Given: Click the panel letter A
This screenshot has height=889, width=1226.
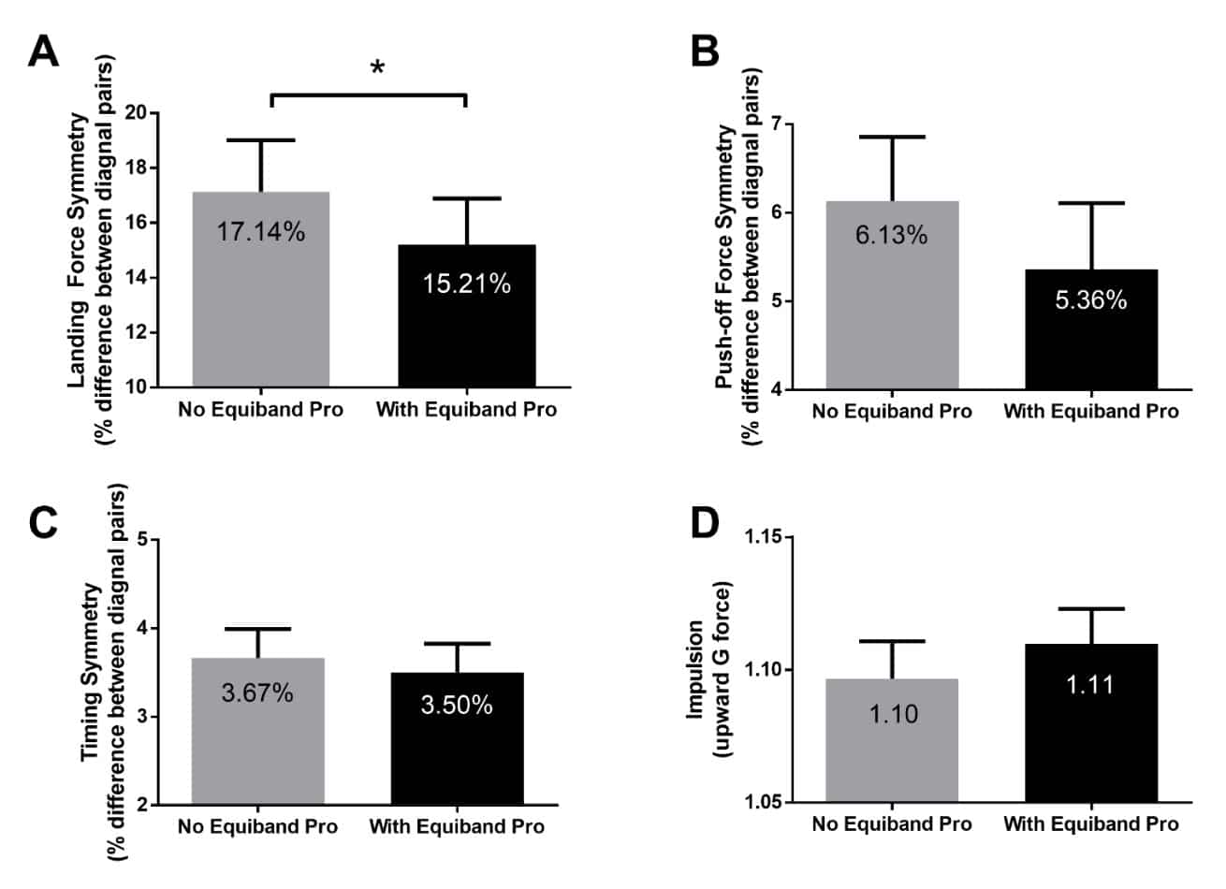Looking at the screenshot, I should (x=43, y=51).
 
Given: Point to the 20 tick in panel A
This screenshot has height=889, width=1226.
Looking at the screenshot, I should (x=137, y=113).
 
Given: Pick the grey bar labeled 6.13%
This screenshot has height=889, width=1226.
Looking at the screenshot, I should (x=891, y=294).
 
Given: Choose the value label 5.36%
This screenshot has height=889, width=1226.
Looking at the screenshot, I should (x=1090, y=300).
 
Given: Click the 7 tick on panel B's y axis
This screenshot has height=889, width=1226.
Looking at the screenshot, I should (x=775, y=124).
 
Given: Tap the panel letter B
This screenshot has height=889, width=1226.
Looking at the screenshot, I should (x=704, y=51).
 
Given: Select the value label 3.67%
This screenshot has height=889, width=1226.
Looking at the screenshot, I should (x=257, y=693).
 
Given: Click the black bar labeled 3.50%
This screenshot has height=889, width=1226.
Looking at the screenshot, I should (x=457, y=738).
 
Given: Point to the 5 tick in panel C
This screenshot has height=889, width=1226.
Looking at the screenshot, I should (x=141, y=540).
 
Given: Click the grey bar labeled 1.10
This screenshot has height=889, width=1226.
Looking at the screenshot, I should (x=891, y=740).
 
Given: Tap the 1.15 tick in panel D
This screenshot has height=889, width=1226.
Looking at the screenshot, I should (x=762, y=538).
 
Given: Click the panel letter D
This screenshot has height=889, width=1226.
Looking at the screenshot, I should (x=704, y=524).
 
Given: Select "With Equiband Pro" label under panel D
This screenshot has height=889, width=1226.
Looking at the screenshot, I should (x=1090, y=824).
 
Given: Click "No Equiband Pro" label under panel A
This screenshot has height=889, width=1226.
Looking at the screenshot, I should (x=261, y=410).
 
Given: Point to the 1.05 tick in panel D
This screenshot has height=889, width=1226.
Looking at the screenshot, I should (x=762, y=803).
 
